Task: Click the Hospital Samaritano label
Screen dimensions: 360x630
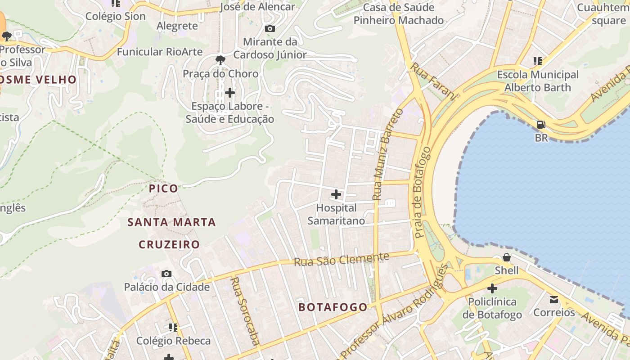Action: tap(336, 214)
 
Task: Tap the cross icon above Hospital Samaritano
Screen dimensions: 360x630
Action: tap(336, 194)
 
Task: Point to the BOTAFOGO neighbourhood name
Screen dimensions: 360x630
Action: tap(333, 307)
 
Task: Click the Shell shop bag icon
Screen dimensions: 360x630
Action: tap(506, 257)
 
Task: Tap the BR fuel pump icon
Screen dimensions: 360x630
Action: tap(541, 125)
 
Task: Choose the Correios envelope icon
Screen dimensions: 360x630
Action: tap(554, 299)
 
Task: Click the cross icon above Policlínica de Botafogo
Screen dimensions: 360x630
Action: tap(492, 288)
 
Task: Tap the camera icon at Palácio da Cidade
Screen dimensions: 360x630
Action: tap(166, 274)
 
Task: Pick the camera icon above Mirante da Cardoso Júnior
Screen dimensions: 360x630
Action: tap(270, 29)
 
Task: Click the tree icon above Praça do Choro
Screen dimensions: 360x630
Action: tap(220, 60)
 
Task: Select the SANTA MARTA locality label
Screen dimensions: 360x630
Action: tap(171, 222)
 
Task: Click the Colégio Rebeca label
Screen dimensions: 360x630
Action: tap(173, 341)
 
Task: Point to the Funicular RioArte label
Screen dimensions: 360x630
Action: tap(160, 52)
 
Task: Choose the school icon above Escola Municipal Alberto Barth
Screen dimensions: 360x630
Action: tap(537, 61)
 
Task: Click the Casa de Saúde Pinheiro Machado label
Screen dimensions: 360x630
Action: tap(398, 14)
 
